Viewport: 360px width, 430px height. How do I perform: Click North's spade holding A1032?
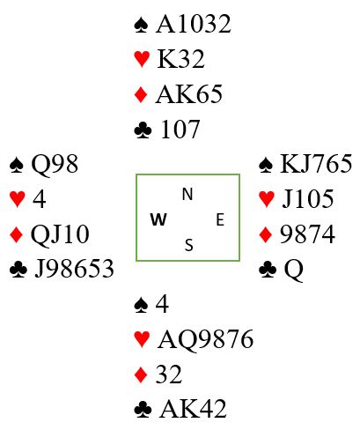[194, 24]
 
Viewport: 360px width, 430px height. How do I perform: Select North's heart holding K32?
[180, 59]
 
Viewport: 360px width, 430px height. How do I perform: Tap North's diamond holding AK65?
[188, 94]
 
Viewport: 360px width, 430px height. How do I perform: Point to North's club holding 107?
[180, 130]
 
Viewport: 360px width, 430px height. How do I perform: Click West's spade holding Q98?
[55, 164]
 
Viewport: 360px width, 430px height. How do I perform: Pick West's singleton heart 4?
[39, 199]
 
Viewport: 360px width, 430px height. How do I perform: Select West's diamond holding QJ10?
[60, 234]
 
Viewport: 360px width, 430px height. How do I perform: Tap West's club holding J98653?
[74, 269]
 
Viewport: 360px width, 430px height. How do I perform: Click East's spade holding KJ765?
[316, 164]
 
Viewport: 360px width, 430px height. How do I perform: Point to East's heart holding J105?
[308, 199]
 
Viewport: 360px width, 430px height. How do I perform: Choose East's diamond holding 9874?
[307, 234]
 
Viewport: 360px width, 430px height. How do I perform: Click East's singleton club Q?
[293, 270]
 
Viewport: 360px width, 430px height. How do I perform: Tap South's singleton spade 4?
[162, 304]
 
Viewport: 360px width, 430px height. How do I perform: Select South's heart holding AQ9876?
[205, 339]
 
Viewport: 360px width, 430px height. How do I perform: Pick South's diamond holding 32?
[169, 374]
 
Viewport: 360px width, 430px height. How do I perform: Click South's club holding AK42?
[193, 409]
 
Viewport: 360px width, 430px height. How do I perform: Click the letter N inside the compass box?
[187, 194]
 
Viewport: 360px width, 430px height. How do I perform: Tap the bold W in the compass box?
[158, 219]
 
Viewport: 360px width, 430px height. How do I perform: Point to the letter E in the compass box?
[220, 219]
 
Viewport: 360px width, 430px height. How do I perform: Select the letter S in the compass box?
[189, 245]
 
